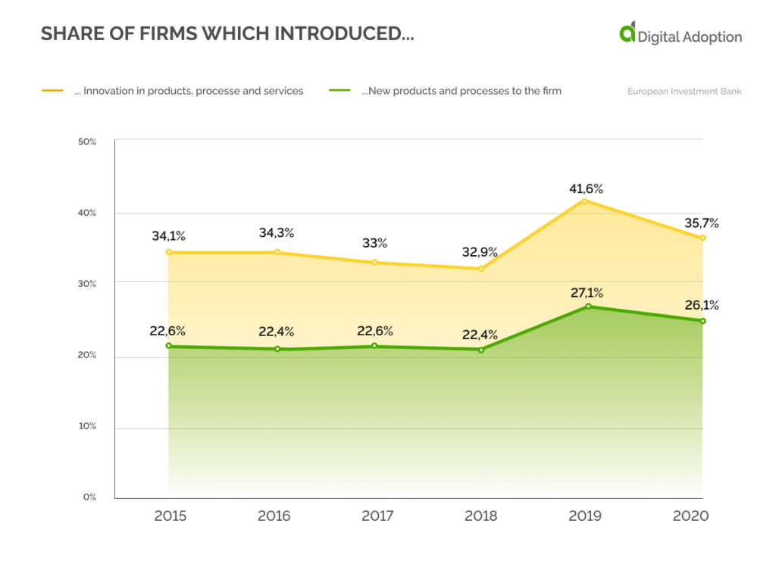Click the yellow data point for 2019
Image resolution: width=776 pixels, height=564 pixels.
click(584, 201)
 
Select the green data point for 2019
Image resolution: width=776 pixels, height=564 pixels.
click(587, 307)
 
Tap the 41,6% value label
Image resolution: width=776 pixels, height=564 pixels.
click(587, 189)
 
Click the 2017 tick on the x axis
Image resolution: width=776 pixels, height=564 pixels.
click(377, 516)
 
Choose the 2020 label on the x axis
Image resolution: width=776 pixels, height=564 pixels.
click(690, 516)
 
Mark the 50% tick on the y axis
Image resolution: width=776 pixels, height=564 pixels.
click(87, 142)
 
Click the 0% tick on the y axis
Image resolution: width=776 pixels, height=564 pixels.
click(89, 497)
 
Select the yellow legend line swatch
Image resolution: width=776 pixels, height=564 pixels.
click(52, 91)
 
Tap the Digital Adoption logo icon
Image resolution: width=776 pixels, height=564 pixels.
click(627, 33)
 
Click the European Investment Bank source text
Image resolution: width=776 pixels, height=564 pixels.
click(684, 92)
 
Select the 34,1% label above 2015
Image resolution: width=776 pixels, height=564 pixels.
click(168, 235)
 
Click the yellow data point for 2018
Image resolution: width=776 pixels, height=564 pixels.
click(481, 269)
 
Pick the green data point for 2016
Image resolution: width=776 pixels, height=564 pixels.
click(277, 349)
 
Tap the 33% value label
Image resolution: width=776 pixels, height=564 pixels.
click(374, 243)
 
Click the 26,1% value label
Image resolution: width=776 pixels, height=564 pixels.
click(701, 306)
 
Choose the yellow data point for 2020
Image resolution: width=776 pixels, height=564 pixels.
click(702, 238)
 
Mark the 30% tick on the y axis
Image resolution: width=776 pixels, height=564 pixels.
click(87, 284)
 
